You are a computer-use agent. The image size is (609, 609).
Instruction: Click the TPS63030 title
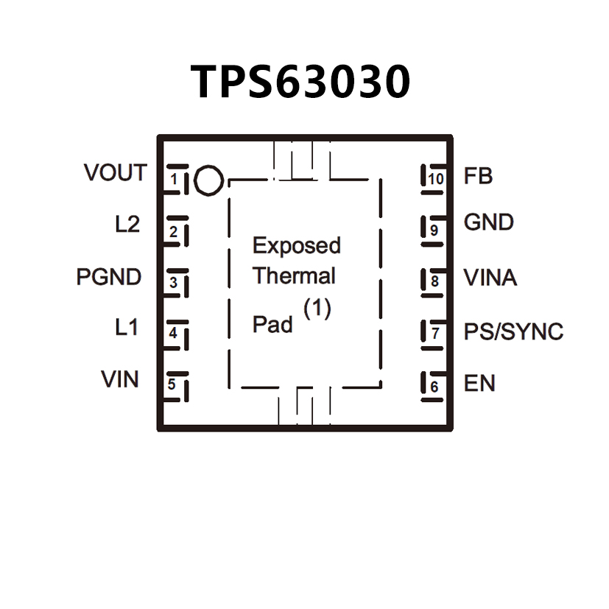[x=301, y=81]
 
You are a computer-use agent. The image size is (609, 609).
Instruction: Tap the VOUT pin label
[x=115, y=173]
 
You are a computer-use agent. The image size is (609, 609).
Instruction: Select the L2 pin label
[x=127, y=224]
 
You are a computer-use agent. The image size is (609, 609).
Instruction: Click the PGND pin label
[x=109, y=278]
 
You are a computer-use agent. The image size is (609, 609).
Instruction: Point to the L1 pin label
[x=127, y=327]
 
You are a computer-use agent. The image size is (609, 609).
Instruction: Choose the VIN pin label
[x=120, y=380]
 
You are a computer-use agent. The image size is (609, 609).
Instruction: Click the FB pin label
[x=478, y=177]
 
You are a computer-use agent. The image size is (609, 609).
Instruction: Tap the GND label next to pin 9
[x=488, y=222]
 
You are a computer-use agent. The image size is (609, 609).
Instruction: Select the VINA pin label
[x=490, y=278]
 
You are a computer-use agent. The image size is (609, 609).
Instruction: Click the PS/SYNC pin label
[x=513, y=331]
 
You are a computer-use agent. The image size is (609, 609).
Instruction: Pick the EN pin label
[x=479, y=384]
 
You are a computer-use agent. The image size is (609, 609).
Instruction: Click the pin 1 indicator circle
[x=208, y=180]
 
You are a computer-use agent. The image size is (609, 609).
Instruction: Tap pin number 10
[x=436, y=179]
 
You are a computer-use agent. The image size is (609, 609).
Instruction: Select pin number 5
[x=172, y=384]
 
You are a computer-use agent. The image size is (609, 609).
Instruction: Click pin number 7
[x=435, y=333]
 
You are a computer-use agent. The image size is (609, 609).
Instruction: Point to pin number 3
[x=173, y=282]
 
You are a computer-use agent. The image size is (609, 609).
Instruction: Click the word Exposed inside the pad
[x=297, y=245]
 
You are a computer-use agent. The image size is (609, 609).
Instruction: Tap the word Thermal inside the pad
[x=294, y=276]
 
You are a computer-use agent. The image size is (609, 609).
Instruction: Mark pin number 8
[x=435, y=281]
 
